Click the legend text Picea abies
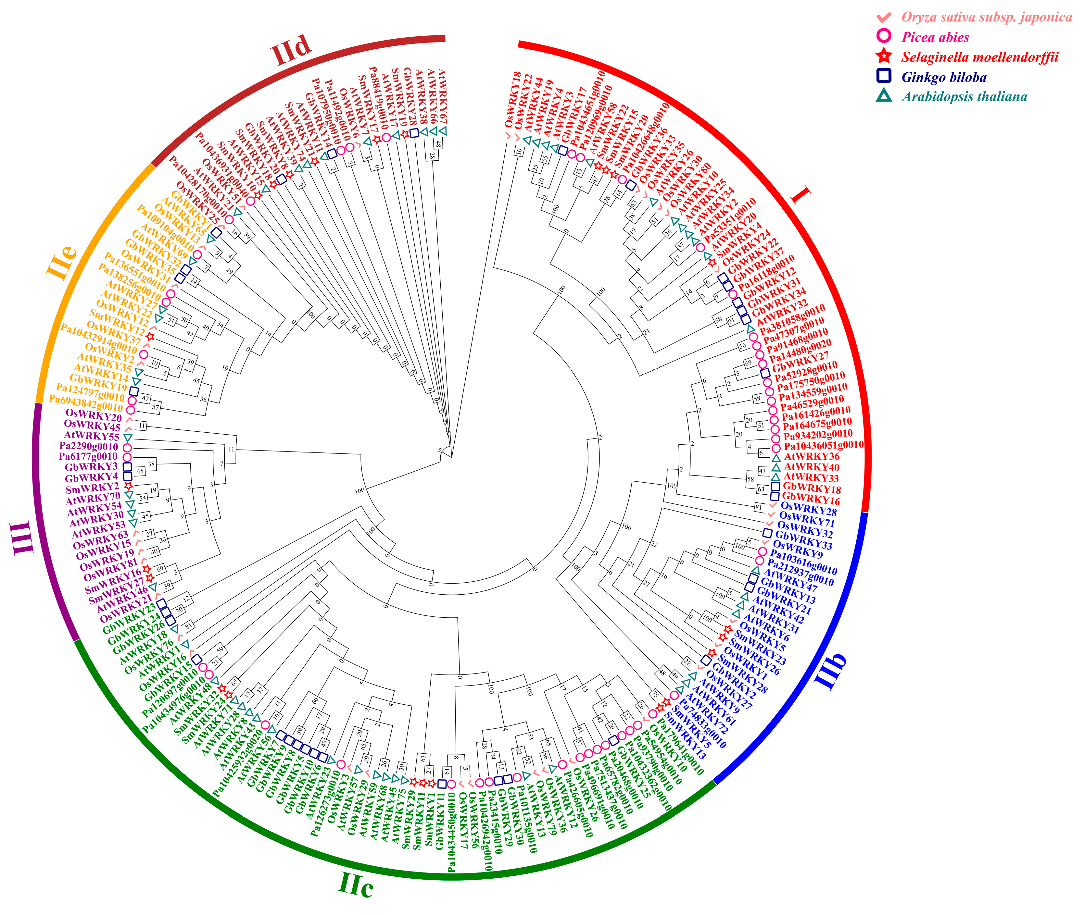coord(935,37)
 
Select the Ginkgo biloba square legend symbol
coord(884,76)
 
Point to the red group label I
coord(800,196)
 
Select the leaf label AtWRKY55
coord(91,436)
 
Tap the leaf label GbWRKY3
coord(91,467)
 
